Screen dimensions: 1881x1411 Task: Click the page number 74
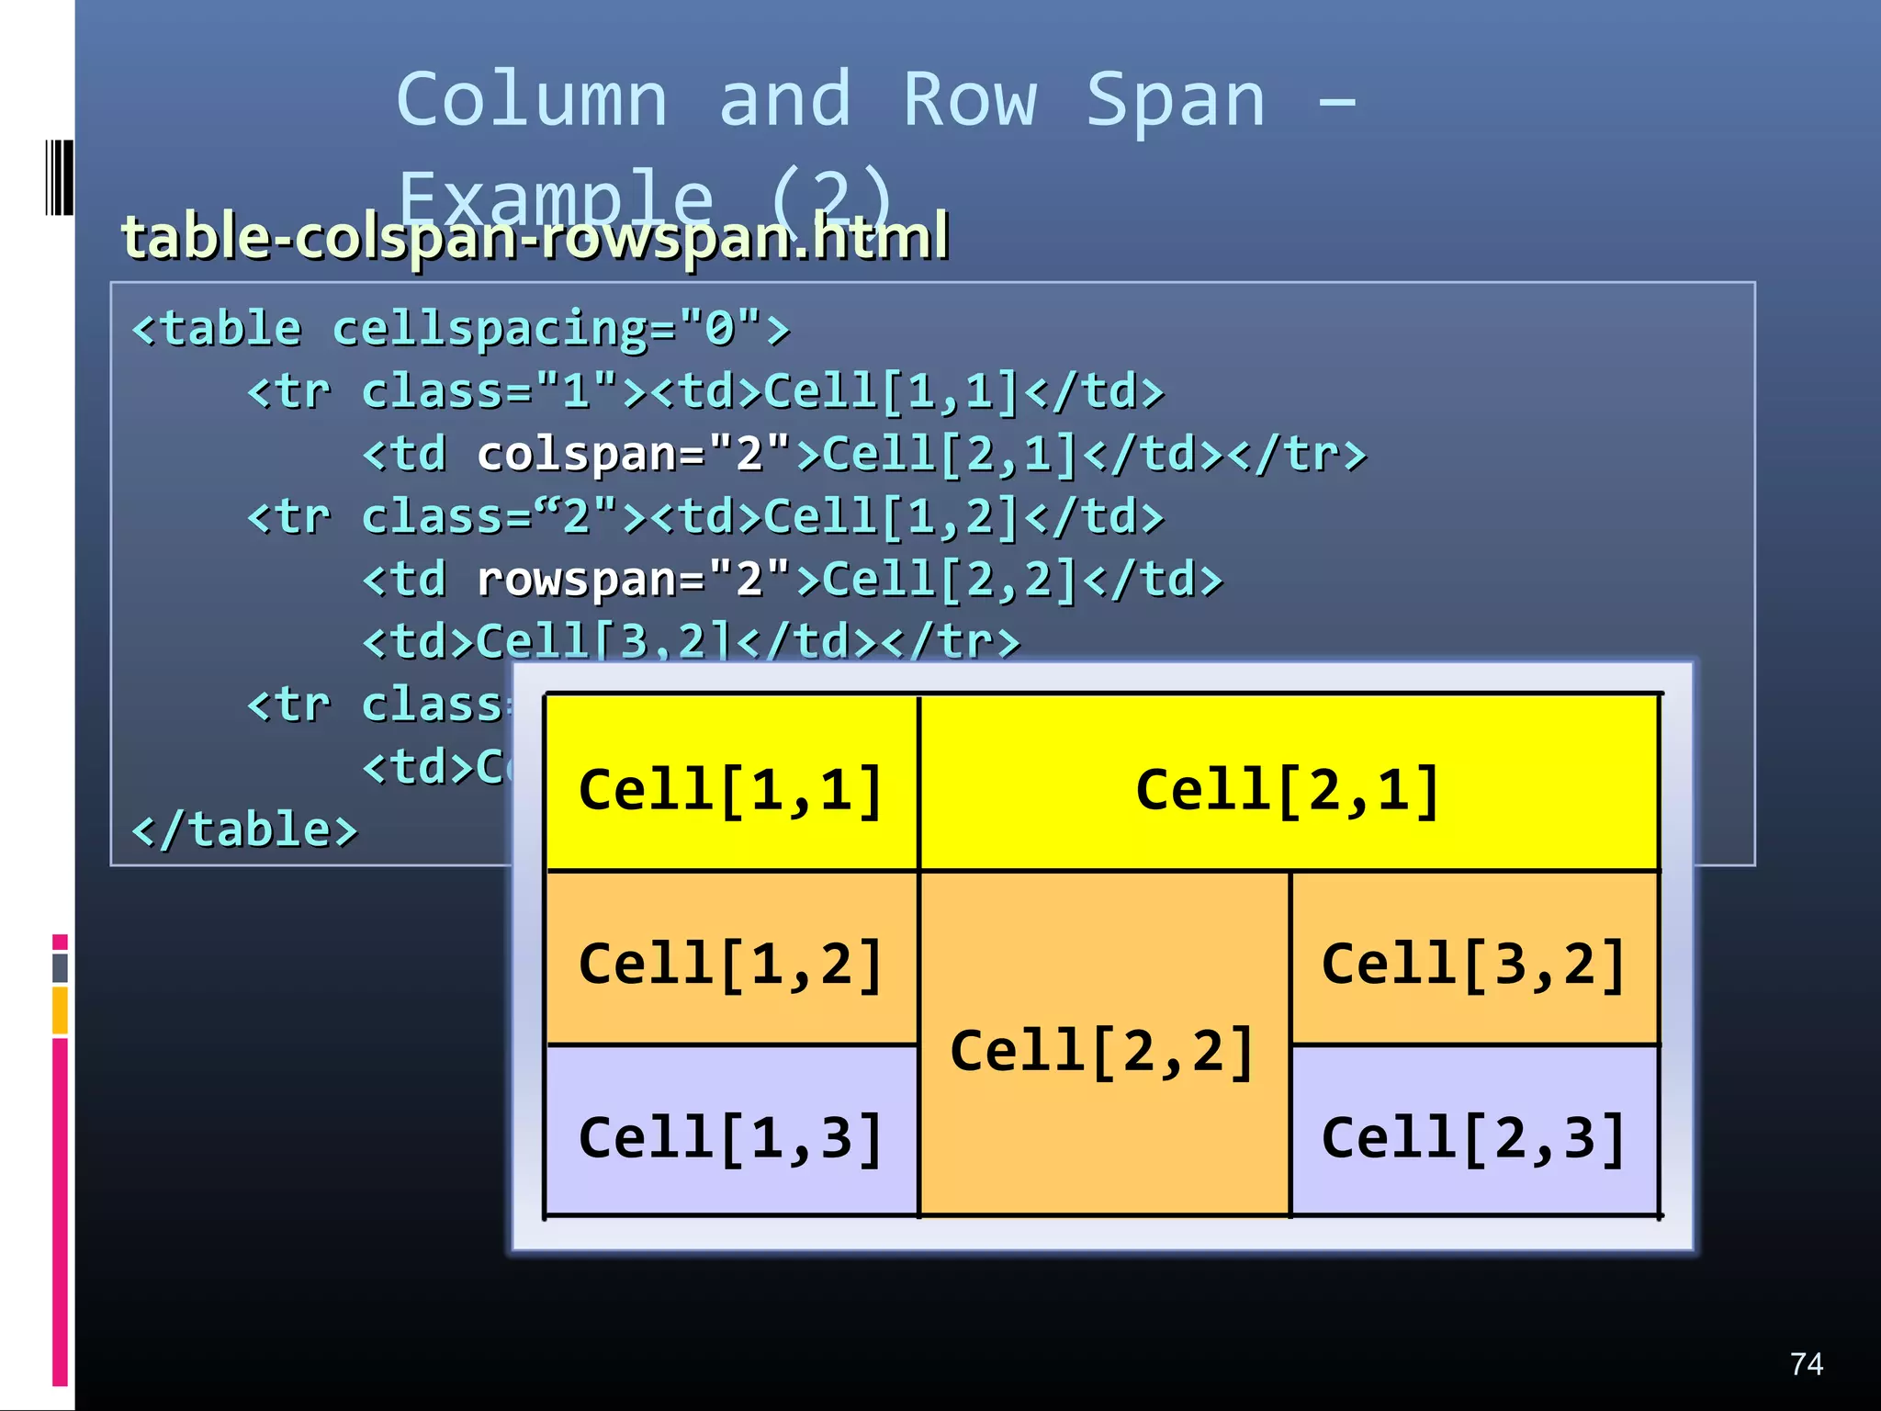point(1806,1363)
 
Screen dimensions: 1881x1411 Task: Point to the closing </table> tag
point(244,830)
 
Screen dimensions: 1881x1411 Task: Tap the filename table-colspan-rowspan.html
point(535,237)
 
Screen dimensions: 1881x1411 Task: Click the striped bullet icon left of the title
point(60,177)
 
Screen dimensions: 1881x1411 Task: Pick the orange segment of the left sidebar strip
point(60,1010)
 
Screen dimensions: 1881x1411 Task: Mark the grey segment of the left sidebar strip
point(60,967)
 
